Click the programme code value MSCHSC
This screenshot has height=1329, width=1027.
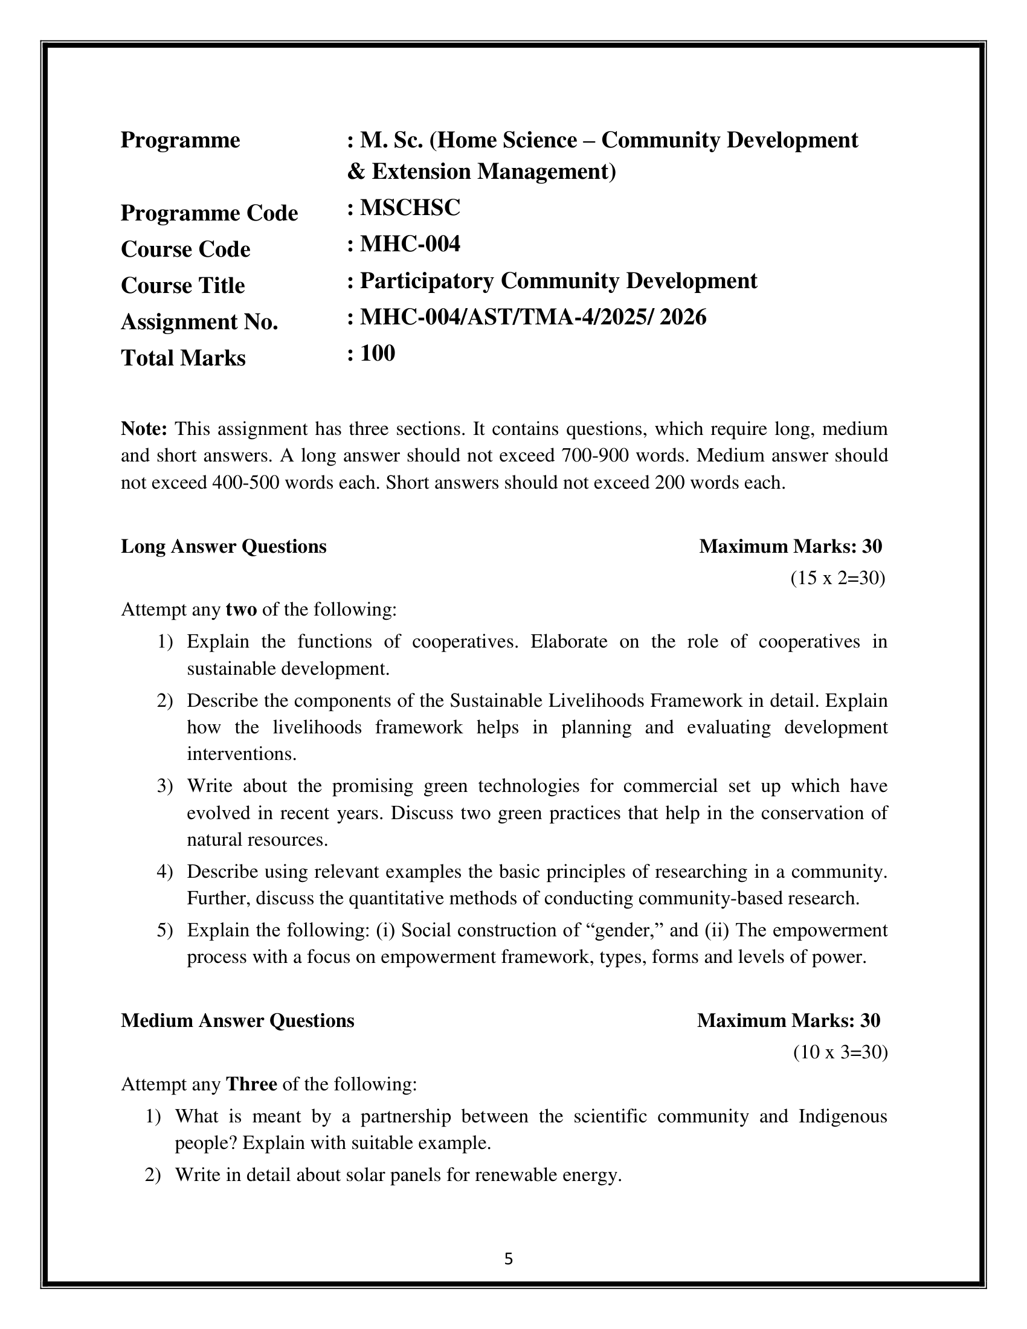click(x=410, y=208)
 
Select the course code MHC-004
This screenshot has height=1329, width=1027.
click(x=410, y=244)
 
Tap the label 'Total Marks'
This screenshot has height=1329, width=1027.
click(x=183, y=358)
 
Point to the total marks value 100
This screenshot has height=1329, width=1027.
click(x=377, y=353)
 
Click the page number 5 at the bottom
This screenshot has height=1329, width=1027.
click(x=509, y=1259)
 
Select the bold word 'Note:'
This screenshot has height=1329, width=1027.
click(x=144, y=428)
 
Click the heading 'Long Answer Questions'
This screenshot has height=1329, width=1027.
click(x=224, y=547)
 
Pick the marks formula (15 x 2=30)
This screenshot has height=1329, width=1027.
click(x=838, y=578)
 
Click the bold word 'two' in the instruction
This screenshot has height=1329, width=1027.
click(x=241, y=609)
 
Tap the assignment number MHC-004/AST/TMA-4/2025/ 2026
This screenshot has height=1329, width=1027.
click(x=533, y=317)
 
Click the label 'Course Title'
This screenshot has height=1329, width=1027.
click(x=183, y=285)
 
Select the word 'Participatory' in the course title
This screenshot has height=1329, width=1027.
click(x=427, y=280)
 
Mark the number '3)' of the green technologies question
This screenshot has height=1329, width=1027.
click(x=165, y=785)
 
